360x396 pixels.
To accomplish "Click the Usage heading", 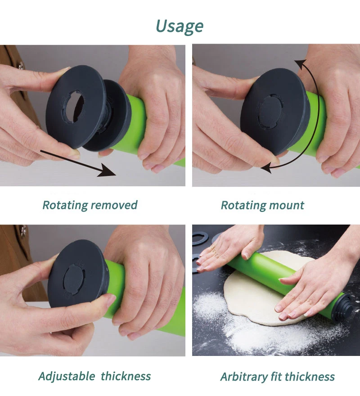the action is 180,26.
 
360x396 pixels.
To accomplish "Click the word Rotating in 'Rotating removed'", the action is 65,205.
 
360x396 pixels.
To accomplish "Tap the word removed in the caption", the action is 114,205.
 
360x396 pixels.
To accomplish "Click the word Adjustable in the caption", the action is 67,376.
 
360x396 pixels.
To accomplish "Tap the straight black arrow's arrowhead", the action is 108,171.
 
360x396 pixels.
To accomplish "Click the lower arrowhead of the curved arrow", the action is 266,168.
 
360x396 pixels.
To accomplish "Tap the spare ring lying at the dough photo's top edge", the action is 201,239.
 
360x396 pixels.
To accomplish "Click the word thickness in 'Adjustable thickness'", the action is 126,376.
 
